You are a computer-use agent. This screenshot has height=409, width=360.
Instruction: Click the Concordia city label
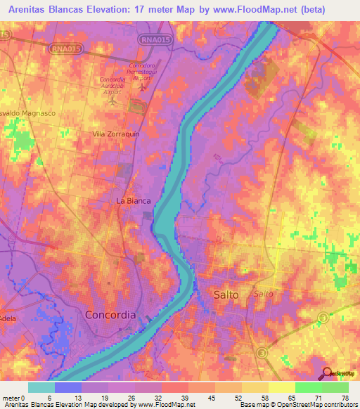pyautogui.click(x=110, y=315)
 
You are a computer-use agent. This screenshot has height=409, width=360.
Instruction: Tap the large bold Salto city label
pyautogui.click(x=226, y=295)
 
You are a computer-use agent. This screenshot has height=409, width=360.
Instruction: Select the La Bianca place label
pyautogui.click(x=134, y=201)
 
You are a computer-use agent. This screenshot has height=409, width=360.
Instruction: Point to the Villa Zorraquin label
pyautogui.click(x=117, y=133)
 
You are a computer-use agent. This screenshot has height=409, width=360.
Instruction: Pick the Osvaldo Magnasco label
pyautogui.click(x=28, y=112)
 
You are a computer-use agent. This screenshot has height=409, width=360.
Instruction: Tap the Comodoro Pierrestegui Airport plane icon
pyautogui.click(x=144, y=88)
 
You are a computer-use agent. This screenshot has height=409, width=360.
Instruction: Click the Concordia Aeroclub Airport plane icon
pyautogui.click(x=111, y=101)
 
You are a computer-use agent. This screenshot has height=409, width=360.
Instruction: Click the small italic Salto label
pyautogui.click(x=263, y=294)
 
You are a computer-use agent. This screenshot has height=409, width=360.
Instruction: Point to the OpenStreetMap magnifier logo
pyautogui.click(x=327, y=374)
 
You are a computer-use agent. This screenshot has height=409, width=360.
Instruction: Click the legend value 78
pyautogui.click(x=345, y=398)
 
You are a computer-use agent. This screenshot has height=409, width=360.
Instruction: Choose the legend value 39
pyautogui.click(x=184, y=398)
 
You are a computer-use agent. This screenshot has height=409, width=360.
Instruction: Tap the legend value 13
pyautogui.click(x=77, y=398)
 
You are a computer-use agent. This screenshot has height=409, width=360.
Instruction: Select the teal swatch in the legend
pyautogui.click(x=41, y=387)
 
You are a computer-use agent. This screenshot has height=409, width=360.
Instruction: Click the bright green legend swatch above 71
pyautogui.click(x=309, y=387)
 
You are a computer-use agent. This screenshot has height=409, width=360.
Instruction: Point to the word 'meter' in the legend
pyautogui.click(x=12, y=398)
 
